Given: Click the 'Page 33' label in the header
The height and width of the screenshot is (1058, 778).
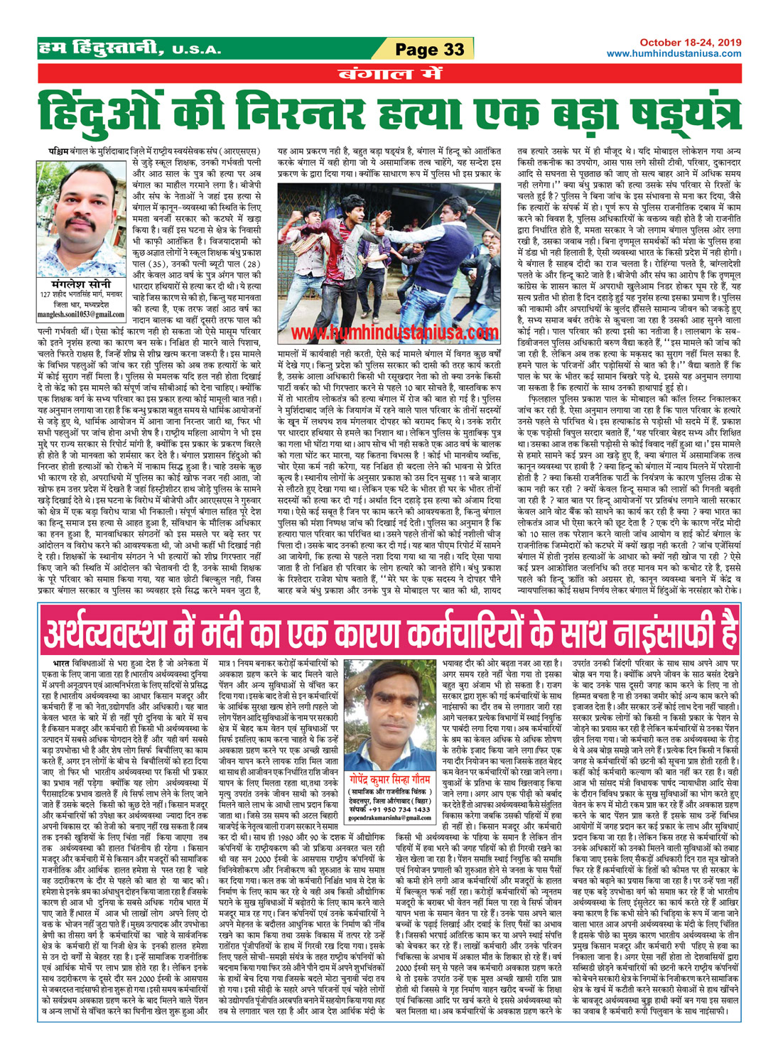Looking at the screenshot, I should coord(430,49).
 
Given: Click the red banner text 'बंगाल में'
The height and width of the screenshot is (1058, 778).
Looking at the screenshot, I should coord(389,73).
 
